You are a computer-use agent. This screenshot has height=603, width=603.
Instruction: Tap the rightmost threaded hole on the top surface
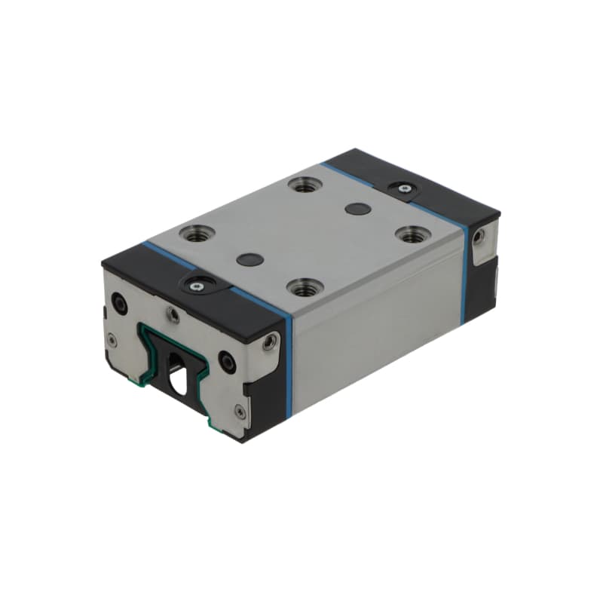click(411, 234)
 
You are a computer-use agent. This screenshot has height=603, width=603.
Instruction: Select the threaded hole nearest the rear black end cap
click(305, 185)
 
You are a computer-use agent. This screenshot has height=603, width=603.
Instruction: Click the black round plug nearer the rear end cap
click(357, 208)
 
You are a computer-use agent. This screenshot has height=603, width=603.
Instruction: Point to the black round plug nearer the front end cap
click(249, 259)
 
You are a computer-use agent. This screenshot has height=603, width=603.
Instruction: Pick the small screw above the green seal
click(173, 314)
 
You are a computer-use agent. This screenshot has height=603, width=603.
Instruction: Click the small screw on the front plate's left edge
click(112, 340)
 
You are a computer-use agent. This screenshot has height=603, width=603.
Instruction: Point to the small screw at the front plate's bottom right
click(240, 411)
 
